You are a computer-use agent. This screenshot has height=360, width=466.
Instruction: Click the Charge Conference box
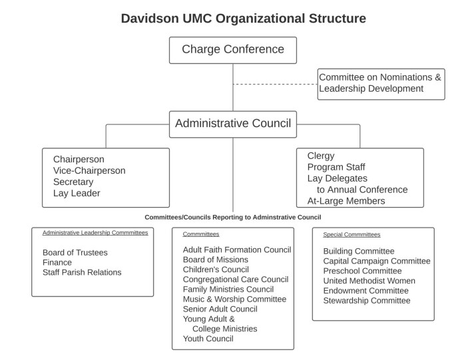[233, 50]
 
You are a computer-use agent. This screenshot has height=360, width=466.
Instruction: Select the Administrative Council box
[233, 124]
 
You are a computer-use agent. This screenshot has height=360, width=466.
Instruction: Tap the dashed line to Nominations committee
[275, 85]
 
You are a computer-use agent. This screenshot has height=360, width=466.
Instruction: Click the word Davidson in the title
[150, 19]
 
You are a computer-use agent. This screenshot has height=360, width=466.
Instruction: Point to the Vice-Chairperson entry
[89, 170]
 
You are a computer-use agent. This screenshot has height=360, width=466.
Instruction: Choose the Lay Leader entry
[77, 193]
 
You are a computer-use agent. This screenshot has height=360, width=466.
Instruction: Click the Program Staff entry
[336, 167]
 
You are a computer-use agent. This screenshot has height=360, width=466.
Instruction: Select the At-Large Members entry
[346, 201]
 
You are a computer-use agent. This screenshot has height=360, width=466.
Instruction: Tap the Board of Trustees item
[75, 252]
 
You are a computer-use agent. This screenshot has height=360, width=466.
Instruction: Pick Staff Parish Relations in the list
[82, 272]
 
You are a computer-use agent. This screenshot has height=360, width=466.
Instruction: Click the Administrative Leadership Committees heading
[95, 233]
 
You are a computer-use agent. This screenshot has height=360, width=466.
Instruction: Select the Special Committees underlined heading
[351, 234]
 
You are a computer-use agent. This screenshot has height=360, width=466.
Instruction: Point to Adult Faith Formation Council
[237, 250]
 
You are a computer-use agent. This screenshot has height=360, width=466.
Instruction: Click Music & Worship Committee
[234, 299]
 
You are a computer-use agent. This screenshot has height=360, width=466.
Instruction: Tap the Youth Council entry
[208, 339]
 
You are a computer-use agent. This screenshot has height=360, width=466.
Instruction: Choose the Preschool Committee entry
[362, 271]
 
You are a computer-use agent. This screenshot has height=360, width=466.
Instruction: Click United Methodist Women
[369, 281]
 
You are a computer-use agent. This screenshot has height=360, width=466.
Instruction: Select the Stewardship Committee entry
[367, 301]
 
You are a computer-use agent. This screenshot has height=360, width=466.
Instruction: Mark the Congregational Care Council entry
[236, 279]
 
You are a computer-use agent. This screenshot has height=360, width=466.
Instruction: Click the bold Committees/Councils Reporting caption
[233, 217]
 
